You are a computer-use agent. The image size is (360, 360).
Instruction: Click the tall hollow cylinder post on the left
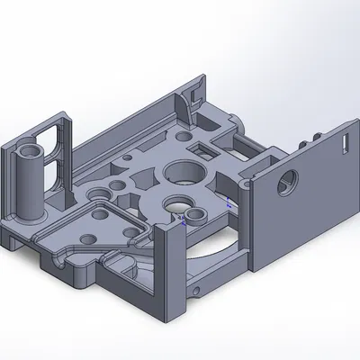click(x=31, y=180)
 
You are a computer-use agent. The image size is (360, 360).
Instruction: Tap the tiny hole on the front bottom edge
click(x=196, y=292)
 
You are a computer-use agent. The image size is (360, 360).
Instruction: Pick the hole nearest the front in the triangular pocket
click(x=89, y=238)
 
